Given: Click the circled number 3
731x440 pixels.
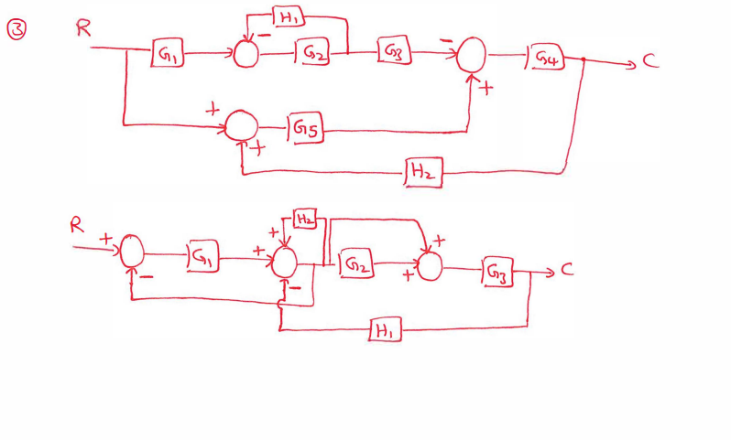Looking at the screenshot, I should (x=16, y=30).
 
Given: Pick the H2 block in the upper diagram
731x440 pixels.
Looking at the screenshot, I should (x=422, y=171).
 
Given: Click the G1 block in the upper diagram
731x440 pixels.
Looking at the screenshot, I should (x=169, y=56).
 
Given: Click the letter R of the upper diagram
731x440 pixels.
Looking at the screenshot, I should (x=83, y=28).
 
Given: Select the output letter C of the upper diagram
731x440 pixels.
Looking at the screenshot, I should (x=649, y=61).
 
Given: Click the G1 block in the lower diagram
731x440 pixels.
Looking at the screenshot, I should (x=202, y=259).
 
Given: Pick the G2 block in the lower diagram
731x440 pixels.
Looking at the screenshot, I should (x=357, y=266).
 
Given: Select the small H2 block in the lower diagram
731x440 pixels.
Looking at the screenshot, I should (x=306, y=220).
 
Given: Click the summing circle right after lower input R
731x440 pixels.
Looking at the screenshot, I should (x=134, y=252).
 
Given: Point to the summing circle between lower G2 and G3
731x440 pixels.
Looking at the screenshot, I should (x=428, y=266).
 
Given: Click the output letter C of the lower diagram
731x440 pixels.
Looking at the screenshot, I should (x=568, y=271).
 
